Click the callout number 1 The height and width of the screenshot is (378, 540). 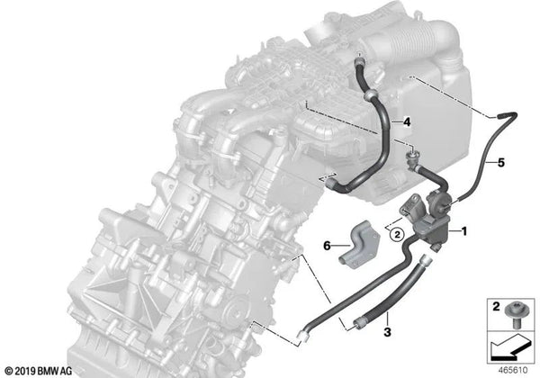click(x=464, y=231)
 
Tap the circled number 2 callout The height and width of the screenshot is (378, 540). click(x=397, y=235)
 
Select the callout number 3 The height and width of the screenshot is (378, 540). click(x=387, y=332)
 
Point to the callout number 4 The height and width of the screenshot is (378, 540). click(x=407, y=121)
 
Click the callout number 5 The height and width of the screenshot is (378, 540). click(x=501, y=162)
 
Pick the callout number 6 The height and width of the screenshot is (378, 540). click(x=327, y=246)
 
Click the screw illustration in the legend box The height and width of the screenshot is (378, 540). click(x=514, y=316)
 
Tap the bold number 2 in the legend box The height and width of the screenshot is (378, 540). click(x=496, y=306)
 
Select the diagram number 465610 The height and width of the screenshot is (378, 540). click(x=513, y=370)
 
